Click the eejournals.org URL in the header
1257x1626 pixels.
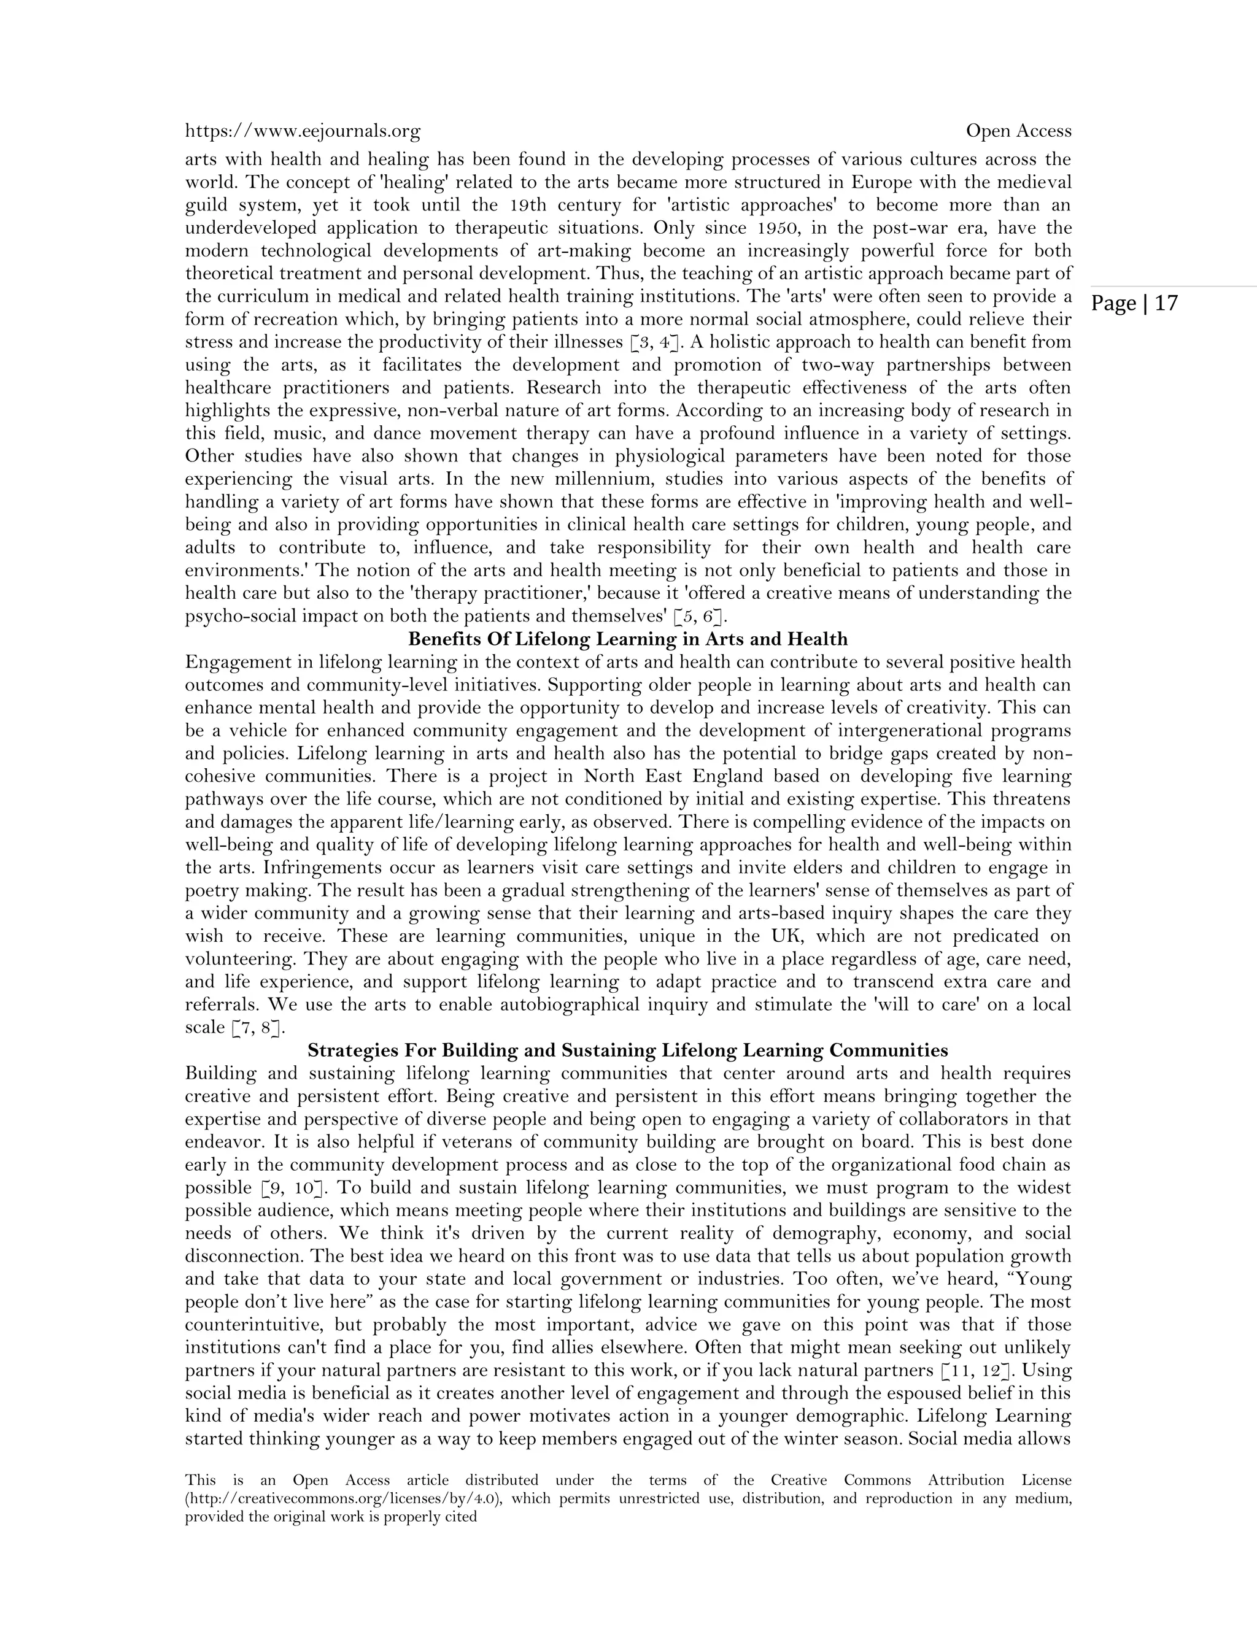tap(303, 132)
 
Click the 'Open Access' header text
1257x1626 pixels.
tap(1018, 131)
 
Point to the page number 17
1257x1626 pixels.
tap(1167, 304)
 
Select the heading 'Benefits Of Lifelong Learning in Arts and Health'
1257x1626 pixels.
tap(628, 639)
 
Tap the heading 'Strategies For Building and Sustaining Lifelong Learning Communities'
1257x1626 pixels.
tap(628, 1050)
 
